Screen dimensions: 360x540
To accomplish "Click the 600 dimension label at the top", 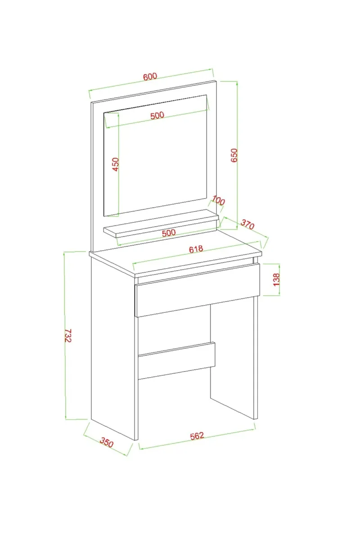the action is coord(150,76).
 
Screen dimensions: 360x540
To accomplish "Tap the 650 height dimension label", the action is coord(234,155).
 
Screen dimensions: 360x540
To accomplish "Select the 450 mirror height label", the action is coord(116,164).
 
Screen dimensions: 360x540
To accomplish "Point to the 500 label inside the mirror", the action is coord(157,115).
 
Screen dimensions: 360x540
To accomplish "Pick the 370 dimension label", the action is coord(247,225).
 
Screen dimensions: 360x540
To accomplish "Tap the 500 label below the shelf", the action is coord(169,233).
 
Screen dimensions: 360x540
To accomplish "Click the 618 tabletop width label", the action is coord(196,249).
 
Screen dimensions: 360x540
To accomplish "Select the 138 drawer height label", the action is coord(277,279).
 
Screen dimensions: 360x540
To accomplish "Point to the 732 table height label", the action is coord(68,336).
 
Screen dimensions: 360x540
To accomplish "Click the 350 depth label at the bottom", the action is coord(106,443).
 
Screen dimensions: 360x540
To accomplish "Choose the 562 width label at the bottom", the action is coord(197,436).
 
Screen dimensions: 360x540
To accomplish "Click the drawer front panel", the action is coord(197,290).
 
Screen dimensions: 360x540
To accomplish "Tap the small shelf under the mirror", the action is coord(161,224).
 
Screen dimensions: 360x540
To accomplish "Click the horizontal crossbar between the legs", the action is coord(176,360).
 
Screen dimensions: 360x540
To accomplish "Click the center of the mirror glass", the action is coord(156,156).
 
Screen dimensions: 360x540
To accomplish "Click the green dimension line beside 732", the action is coord(65,336).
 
